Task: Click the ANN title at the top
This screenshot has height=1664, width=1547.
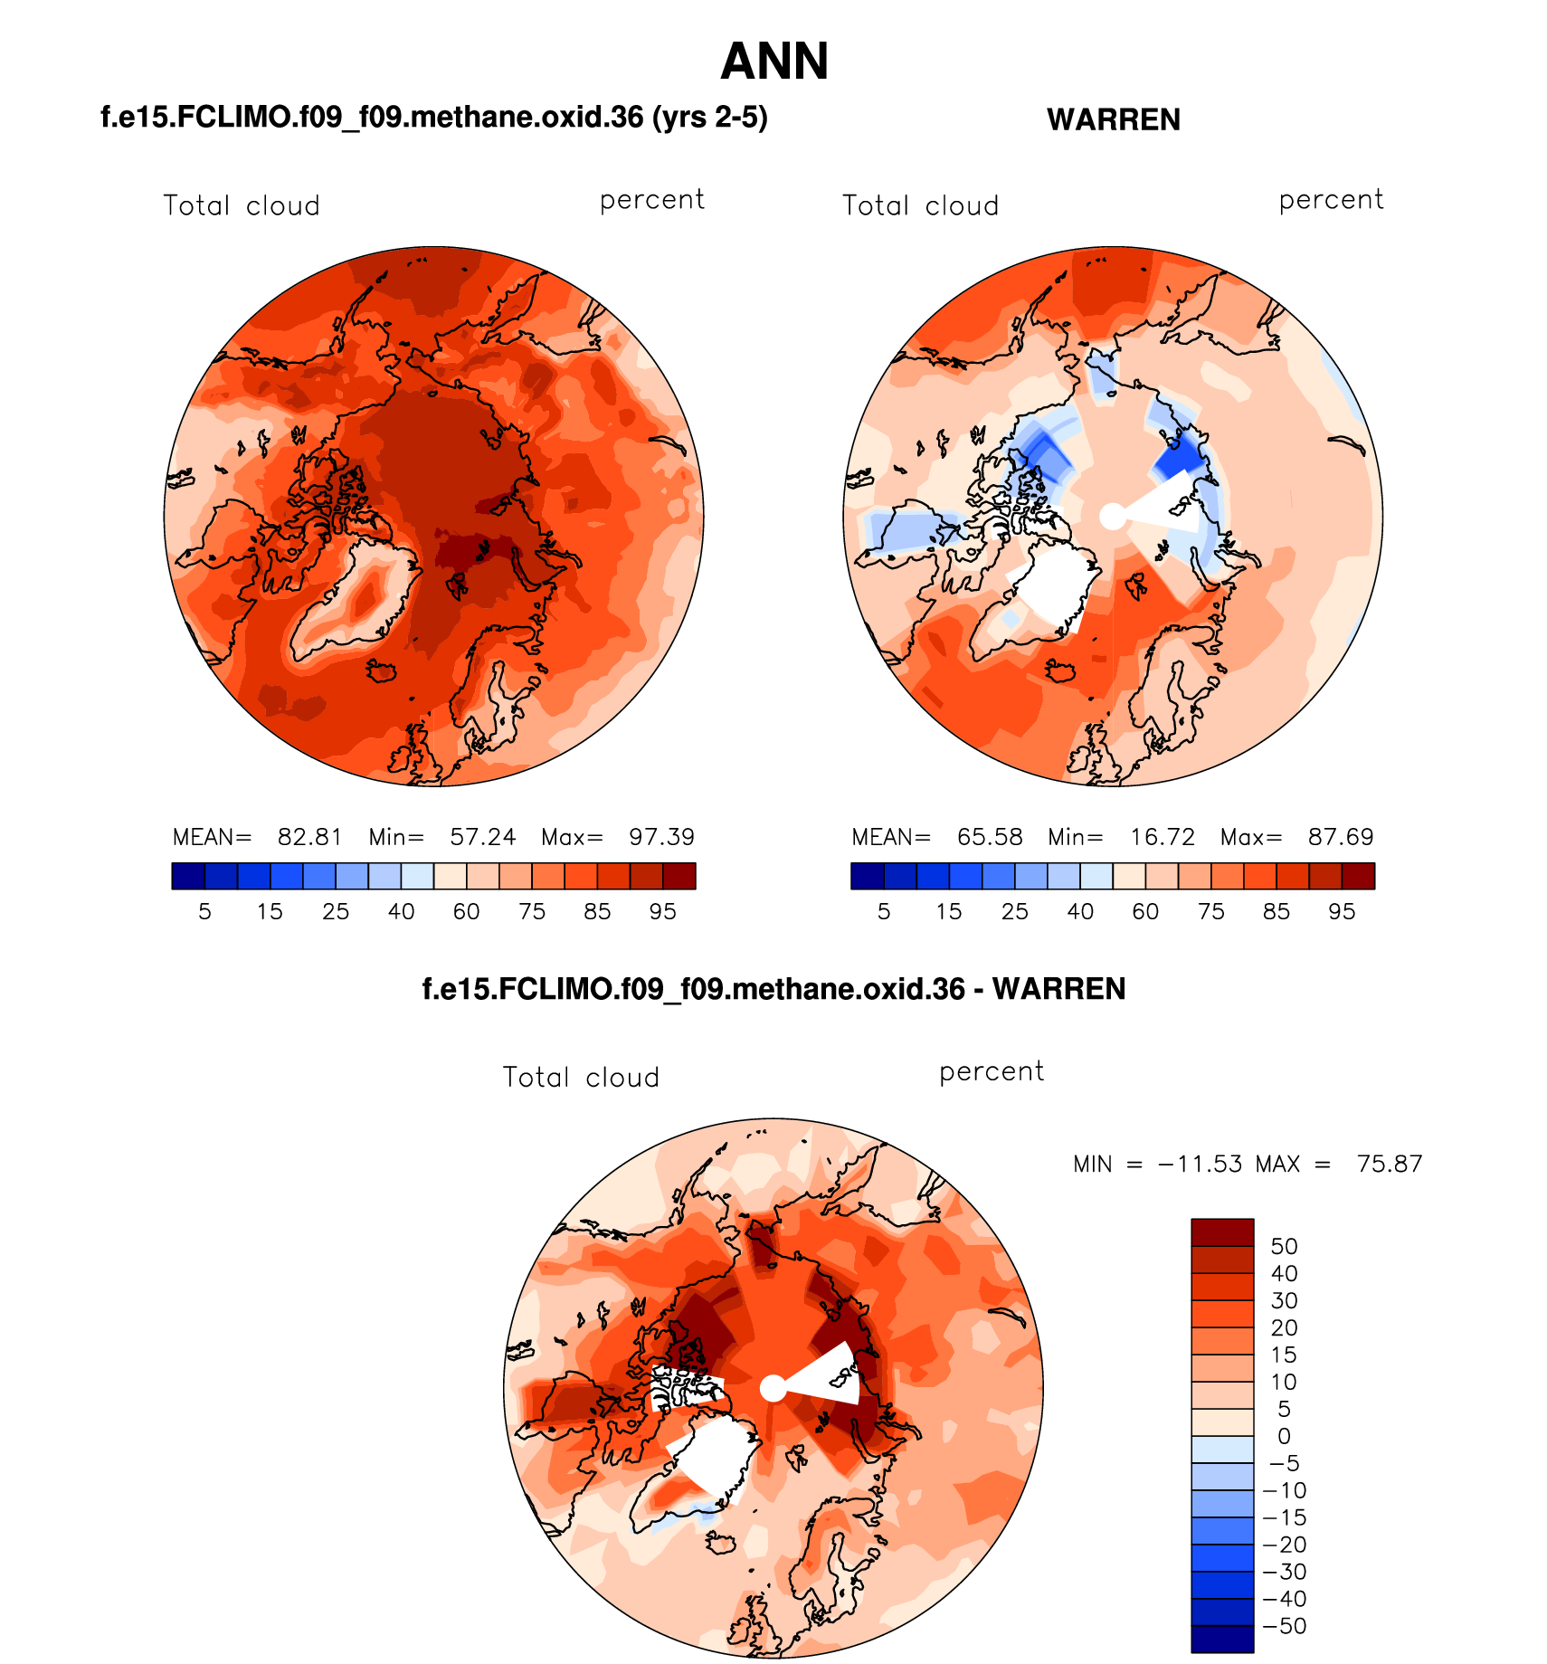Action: point(774,62)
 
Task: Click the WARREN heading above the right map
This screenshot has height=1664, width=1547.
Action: point(1113,119)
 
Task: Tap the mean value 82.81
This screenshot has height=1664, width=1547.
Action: point(309,837)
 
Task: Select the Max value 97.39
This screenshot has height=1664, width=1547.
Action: point(661,837)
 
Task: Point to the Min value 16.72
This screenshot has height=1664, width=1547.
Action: point(1163,837)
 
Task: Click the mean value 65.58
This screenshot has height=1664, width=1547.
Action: point(990,837)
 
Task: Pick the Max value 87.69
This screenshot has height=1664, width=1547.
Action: point(1341,837)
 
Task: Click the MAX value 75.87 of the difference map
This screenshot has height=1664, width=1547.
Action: point(1390,1164)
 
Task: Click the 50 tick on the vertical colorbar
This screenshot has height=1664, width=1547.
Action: point(1284,1247)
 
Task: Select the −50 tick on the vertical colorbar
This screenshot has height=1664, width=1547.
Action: point(1284,1626)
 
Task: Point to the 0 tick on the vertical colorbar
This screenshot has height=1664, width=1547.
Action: point(1284,1436)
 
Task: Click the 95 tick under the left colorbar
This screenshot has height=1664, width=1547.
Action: point(662,911)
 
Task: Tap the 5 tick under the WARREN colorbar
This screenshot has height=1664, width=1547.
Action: point(884,911)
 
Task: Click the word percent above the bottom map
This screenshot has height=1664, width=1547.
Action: point(992,1072)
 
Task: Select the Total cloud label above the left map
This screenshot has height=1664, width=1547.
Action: point(242,205)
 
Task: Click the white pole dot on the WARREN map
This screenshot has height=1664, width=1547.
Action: point(1113,517)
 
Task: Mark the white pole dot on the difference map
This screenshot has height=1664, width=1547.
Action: point(773,1388)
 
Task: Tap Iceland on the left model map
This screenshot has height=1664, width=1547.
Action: point(383,670)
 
